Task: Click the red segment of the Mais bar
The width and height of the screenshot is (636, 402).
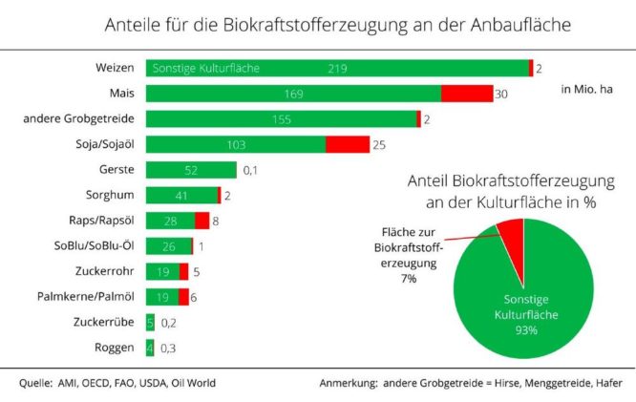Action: tap(467, 94)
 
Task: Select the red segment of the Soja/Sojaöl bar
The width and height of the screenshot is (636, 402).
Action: tap(348, 144)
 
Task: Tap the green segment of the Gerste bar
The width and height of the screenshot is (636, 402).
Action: tap(191, 170)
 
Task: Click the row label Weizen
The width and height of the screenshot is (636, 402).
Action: tap(114, 68)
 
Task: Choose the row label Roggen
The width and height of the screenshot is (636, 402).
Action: tap(114, 348)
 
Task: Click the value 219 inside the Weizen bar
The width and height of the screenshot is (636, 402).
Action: tap(336, 69)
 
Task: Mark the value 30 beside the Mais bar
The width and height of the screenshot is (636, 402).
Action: tap(501, 94)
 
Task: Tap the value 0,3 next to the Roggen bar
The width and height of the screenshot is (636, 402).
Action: tap(168, 348)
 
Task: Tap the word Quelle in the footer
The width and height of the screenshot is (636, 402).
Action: tap(37, 383)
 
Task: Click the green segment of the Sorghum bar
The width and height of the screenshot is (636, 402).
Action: tap(181, 195)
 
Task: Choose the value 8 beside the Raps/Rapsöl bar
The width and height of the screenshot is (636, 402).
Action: tap(216, 221)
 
